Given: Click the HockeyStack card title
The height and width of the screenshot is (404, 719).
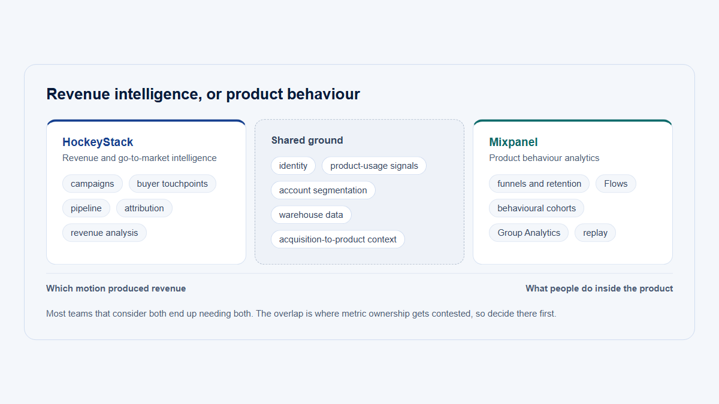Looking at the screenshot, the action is tap(98, 142).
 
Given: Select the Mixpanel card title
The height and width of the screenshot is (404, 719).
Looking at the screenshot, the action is tap(513, 142).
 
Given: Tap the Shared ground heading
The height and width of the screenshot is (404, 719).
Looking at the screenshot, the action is tap(307, 140).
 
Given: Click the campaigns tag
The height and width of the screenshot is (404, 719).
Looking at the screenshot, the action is tap(92, 184).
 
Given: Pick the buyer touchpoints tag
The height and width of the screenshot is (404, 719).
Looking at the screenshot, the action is tap(173, 184).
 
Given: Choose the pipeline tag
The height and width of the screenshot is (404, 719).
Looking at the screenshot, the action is tap(86, 208).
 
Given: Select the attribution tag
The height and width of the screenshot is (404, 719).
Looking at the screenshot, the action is tap(144, 208).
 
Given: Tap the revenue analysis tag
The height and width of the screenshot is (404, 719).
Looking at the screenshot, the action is tap(104, 233).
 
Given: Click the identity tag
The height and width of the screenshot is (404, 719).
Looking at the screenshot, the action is tap(293, 166).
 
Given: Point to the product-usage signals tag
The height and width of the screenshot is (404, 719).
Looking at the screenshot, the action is tap(374, 166).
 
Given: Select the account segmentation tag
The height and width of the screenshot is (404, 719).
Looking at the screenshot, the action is tap(323, 190).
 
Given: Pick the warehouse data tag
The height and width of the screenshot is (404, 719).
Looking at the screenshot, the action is tap(311, 215).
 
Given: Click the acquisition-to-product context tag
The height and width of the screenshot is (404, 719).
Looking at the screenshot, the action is tap(338, 239).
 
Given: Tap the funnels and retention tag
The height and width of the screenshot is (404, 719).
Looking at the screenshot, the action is tap(539, 184).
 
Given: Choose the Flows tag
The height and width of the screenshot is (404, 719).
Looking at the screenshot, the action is tap(616, 184).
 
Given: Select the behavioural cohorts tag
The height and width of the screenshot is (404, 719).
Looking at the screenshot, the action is tap(537, 208).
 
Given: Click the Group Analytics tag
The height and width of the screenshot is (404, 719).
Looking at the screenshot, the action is tap(528, 233).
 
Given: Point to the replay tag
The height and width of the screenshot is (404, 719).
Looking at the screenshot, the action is tap(595, 233).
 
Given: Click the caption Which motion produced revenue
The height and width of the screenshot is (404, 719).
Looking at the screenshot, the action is tap(116, 288).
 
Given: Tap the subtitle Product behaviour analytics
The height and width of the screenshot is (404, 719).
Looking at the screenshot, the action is tap(544, 158).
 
